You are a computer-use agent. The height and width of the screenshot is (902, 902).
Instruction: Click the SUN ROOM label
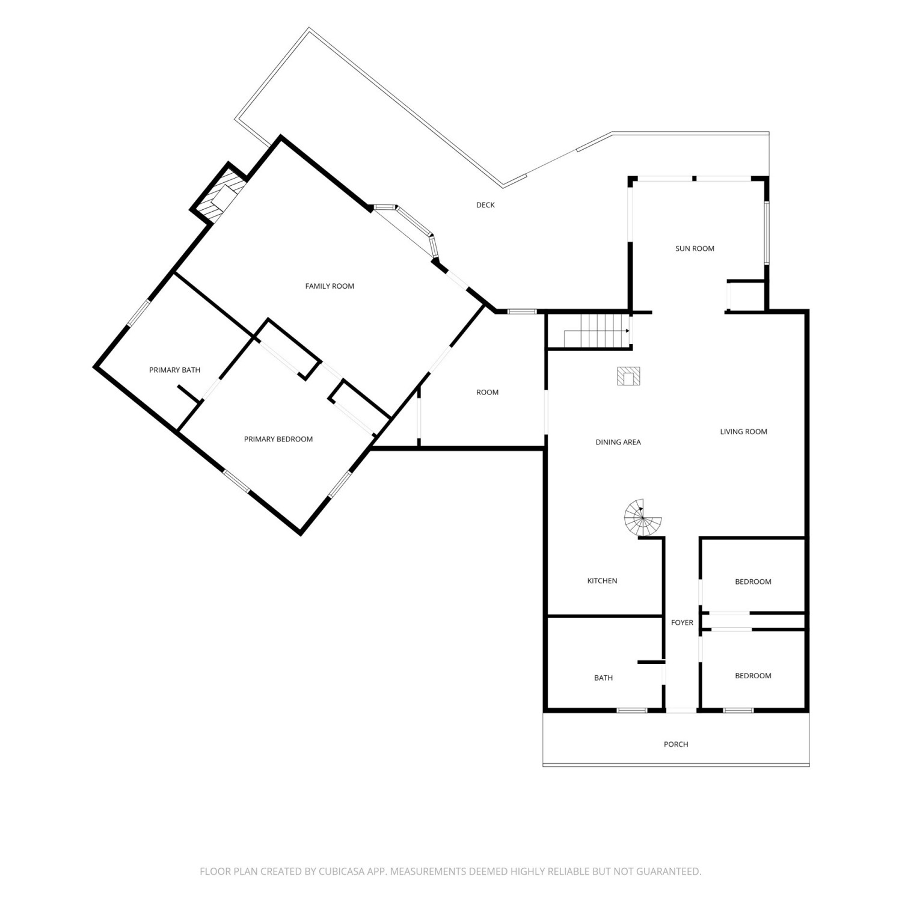click(695, 248)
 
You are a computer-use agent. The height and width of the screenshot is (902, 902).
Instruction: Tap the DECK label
click(485, 205)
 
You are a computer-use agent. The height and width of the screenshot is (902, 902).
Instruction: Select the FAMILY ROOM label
click(330, 286)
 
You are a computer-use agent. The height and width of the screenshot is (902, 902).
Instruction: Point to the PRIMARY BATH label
click(174, 370)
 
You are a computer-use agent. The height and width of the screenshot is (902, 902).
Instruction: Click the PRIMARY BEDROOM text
click(278, 439)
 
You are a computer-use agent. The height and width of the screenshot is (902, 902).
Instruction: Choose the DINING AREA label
click(618, 442)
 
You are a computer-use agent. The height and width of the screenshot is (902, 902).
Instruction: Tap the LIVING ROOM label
click(744, 431)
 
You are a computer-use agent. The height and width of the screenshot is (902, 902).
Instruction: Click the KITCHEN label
click(602, 581)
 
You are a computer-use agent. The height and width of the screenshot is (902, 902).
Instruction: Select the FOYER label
click(682, 622)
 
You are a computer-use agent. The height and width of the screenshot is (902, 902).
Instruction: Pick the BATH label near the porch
click(603, 678)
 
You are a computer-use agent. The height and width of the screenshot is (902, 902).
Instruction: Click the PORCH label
click(676, 744)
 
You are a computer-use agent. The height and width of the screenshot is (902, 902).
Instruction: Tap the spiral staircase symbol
click(643, 518)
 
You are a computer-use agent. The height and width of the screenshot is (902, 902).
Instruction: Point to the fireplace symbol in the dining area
click(628, 376)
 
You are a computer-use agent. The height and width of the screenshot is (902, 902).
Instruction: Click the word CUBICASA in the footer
click(344, 871)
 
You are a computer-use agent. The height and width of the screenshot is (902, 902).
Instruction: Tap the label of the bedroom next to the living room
click(753, 581)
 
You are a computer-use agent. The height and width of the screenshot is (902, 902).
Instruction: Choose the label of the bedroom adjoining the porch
click(753, 676)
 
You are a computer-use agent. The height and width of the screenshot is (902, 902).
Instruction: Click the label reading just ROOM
click(487, 392)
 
